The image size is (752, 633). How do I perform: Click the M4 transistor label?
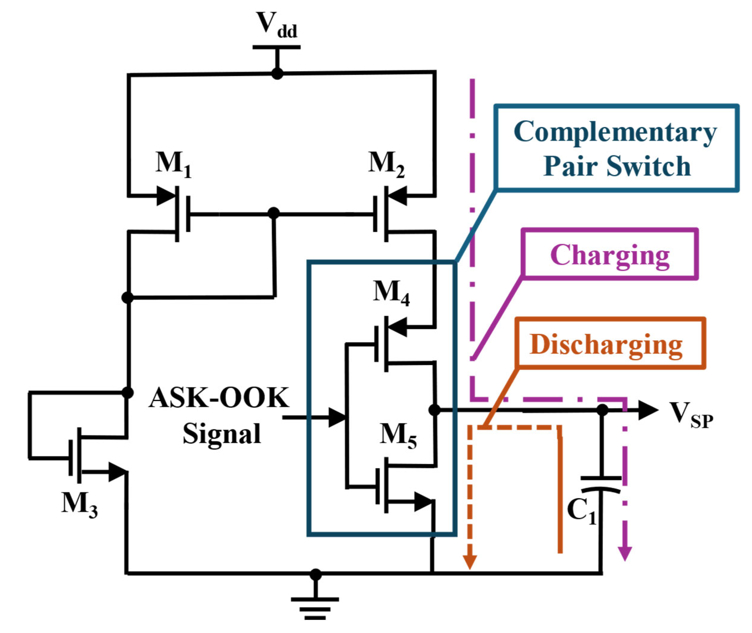coord(391,293)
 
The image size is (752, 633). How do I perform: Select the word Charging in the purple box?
coord(610,256)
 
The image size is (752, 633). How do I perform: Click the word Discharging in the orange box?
coord(606,344)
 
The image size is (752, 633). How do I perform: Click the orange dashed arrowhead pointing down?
coord(470,562)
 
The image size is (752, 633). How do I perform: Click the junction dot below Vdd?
coord(277,74)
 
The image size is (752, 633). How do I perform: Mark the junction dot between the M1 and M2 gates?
coord(274,213)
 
